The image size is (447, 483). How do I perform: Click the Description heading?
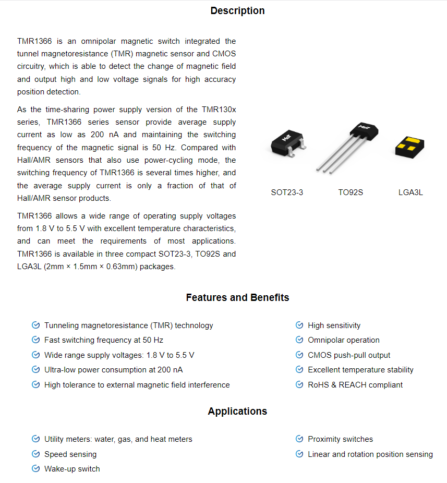point(237,11)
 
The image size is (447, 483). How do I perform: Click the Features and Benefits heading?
point(237,298)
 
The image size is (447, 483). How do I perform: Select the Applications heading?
point(237,411)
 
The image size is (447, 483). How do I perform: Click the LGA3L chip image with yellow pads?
point(409,147)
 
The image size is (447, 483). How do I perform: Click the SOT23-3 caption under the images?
point(287,192)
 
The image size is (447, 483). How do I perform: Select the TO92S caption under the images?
point(351,192)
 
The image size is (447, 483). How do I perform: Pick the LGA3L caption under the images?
point(410,192)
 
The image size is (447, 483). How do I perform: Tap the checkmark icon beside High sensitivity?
point(299,325)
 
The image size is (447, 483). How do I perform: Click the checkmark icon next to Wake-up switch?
point(36,469)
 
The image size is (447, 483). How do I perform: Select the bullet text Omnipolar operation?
point(344,340)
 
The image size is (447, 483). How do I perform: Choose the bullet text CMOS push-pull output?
point(349,355)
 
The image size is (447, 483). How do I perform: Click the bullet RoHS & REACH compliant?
point(355,385)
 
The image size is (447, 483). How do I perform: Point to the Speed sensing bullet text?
point(70,454)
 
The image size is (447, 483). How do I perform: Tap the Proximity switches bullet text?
point(341,439)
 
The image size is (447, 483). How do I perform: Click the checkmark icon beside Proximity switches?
point(299,439)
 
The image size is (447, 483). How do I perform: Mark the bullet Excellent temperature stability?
point(360,370)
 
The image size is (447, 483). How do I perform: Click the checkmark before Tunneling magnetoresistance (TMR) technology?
point(36,325)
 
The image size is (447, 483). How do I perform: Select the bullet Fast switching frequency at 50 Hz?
point(104,340)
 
